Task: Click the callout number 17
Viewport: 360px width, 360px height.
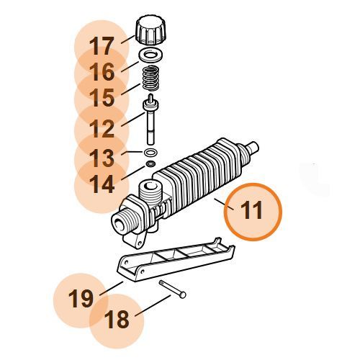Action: tap(101, 46)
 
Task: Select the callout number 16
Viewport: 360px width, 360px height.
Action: tap(102, 71)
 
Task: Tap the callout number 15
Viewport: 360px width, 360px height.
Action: tap(102, 97)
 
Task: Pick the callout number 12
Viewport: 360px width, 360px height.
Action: tap(102, 129)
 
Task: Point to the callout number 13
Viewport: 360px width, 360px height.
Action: tap(102, 158)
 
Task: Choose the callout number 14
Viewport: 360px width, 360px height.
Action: tap(102, 184)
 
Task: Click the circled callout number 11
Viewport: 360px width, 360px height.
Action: tap(252, 210)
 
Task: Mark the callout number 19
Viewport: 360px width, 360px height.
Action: tap(81, 299)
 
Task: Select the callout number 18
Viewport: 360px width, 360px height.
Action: tap(117, 320)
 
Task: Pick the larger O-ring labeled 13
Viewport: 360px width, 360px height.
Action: tap(150, 153)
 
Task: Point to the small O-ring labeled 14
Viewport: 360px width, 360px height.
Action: tap(150, 164)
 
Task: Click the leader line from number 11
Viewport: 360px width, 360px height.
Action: tap(224, 204)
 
